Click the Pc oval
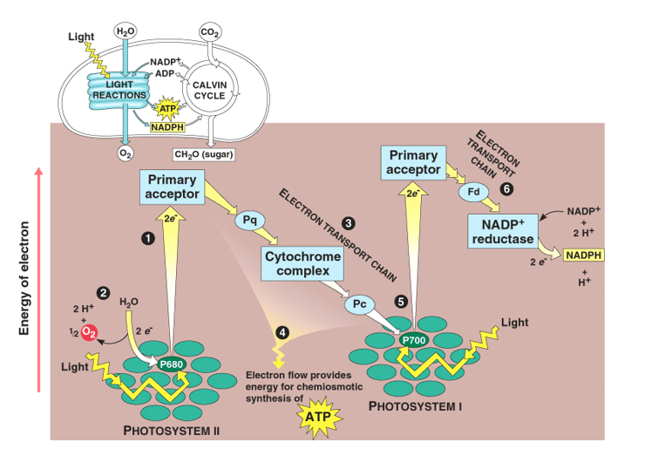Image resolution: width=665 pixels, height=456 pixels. (x=360, y=304)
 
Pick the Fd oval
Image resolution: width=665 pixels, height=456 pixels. (x=474, y=191)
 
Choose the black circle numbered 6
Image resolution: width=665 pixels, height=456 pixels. (x=506, y=187)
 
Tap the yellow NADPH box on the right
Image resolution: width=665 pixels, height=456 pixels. (x=583, y=255)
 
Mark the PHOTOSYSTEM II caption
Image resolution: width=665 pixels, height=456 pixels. (x=171, y=431)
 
